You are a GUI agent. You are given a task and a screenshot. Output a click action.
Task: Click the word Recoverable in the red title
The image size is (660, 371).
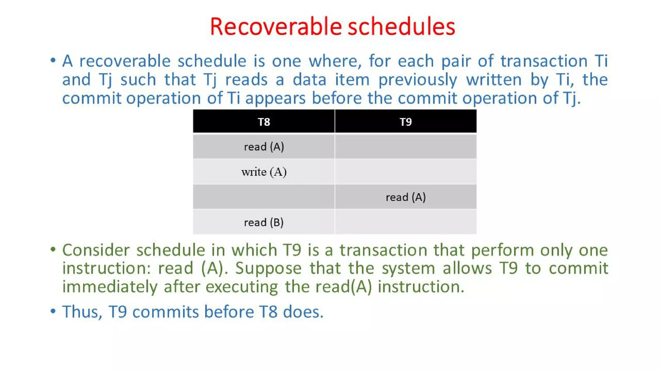click(x=276, y=26)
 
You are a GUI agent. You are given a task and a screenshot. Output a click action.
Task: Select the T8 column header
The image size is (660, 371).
click(x=264, y=122)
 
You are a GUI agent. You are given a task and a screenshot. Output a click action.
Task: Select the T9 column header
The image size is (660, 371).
click(x=405, y=122)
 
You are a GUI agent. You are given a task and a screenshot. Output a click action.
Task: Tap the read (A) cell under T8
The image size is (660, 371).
click(x=264, y=147)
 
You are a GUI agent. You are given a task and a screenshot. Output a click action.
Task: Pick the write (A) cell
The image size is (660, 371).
click(x=264, y=172)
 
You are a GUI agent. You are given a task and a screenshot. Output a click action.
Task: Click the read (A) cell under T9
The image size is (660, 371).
click(x=405, y=197)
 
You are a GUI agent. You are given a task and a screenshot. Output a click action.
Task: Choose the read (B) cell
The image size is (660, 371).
click(x=264, y=222)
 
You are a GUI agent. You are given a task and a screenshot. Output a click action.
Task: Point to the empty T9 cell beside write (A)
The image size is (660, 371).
click(x=405, y=172)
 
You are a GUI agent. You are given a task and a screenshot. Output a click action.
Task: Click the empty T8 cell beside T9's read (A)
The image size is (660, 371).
click(x=264, y=197)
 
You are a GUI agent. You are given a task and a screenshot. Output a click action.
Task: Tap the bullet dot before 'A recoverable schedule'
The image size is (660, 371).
click(x=53, y=60)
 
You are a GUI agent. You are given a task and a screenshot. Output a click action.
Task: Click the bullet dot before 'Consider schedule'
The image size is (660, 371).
click(x=53, y=249)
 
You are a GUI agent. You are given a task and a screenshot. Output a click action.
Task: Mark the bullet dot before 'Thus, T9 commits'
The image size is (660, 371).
click(x=53, y=311)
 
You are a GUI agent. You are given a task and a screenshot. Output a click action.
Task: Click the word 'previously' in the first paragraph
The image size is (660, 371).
click(x=418, y=80)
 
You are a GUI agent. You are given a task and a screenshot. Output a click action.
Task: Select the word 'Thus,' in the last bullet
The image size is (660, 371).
click(x=82, y=312)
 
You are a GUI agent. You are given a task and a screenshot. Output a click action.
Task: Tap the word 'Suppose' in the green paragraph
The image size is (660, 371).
click(x=268, y=268)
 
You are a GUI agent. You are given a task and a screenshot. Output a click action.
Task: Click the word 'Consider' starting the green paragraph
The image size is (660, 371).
click(x=96, y=250)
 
